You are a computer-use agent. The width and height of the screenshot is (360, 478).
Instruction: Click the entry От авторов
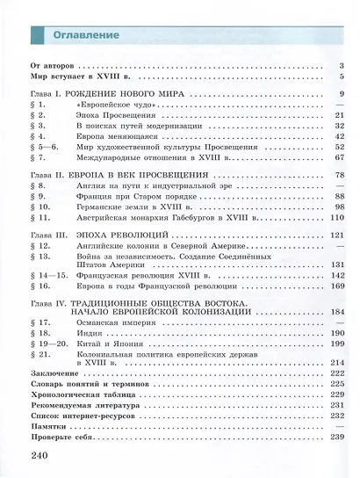(54, 66)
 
